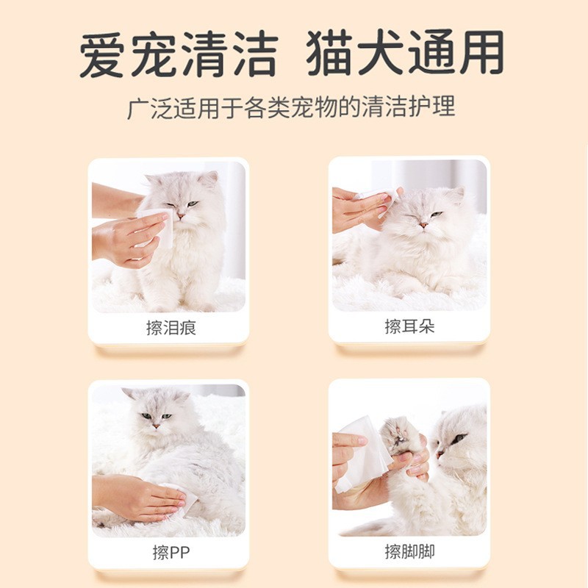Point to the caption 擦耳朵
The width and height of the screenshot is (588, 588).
[409, 326]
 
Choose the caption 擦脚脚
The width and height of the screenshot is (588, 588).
[409, 551]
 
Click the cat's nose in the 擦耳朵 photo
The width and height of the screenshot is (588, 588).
[424, 224]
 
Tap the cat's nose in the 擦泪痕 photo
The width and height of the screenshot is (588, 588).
[179, 215]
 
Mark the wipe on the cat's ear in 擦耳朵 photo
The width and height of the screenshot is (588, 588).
[377, 196]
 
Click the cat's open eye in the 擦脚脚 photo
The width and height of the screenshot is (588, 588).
[459, 439]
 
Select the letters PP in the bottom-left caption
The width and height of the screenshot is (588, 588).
[177, 552]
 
